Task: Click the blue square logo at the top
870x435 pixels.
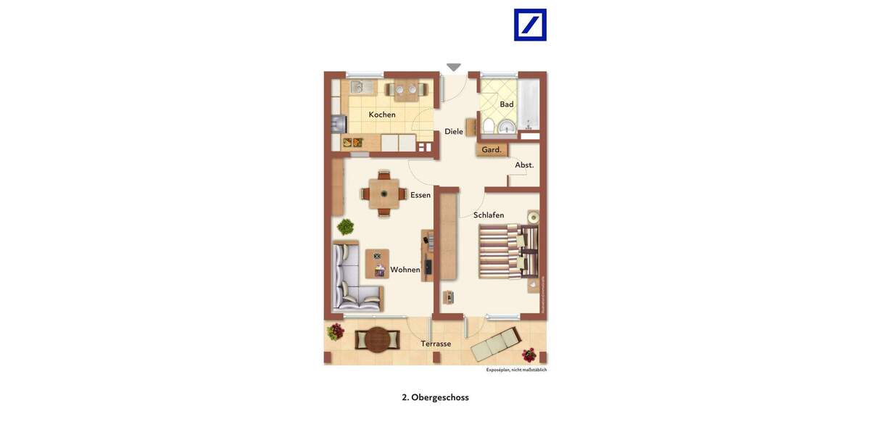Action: click(530, 25)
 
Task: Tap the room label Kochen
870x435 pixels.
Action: click(382, 115)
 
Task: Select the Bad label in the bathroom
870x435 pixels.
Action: click(506, 104)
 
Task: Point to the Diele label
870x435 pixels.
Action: click(454, 132)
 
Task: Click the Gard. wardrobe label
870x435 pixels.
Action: click(492, 150)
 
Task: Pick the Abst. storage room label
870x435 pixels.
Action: click(524, 165)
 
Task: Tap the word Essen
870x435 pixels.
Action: click(420, 195)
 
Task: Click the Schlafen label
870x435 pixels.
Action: click(489, 215)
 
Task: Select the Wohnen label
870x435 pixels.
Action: click(405, 270)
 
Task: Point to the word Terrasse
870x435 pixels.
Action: click(436, 344)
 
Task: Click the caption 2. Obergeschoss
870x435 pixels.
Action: click(435, 397)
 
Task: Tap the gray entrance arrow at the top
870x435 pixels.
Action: click(454, 67)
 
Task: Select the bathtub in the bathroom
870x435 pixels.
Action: click(529, 105)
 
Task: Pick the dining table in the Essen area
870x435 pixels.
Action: click(384, 194)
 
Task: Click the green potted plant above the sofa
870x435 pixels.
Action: click(345, 227)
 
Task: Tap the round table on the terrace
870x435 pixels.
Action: click(377, 339)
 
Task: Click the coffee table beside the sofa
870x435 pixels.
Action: click(377, 264)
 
